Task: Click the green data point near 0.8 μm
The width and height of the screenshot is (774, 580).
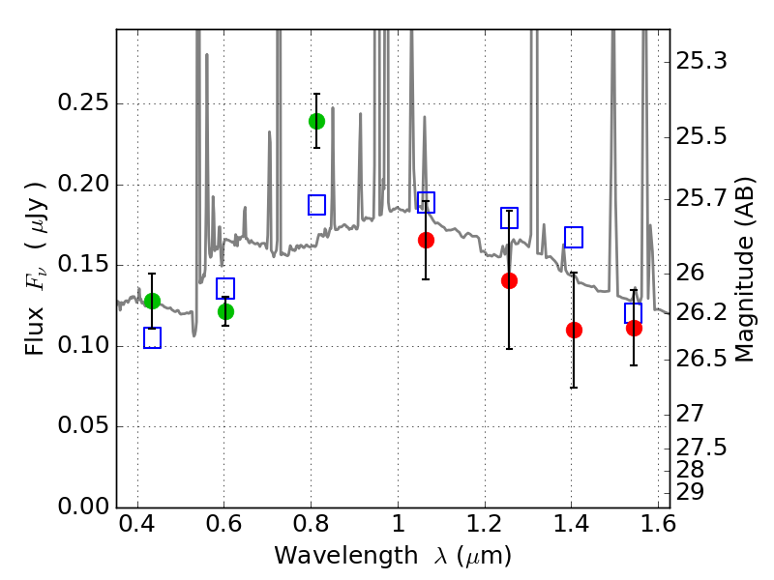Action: [x=316, y=121]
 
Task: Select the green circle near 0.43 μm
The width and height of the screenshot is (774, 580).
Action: [x=152, y=301]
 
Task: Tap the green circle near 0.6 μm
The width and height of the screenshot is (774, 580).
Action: [x=225, y=311]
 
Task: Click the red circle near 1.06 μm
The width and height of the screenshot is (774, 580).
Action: [x=426, y=240]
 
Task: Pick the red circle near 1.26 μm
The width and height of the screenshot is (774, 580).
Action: [x=509, y=280]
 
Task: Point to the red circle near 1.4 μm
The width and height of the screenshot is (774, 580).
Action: [x=574, y=330]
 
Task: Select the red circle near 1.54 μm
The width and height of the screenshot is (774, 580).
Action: [x=634, y=328]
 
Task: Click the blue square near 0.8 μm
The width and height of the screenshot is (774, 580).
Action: [x=316, y=205]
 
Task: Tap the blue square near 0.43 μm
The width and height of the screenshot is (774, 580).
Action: [x=152, y=337]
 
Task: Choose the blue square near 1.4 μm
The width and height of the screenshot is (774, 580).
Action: [x=574, y=237]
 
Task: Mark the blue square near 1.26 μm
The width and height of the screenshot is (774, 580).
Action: [x=509, y=217]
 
